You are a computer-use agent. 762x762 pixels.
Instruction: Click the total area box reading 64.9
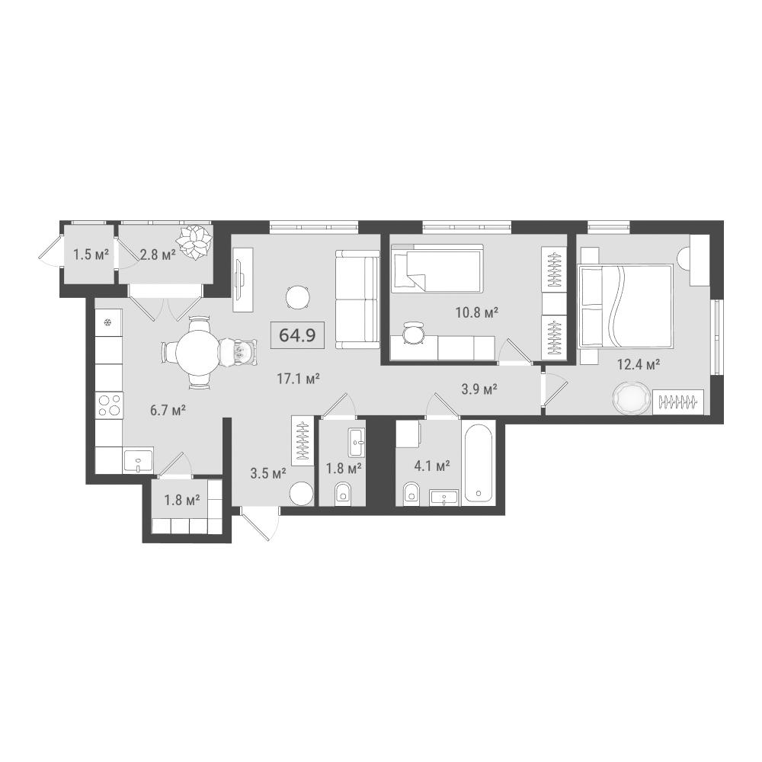coord(297,335)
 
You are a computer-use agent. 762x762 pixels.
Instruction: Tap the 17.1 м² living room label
coord(298,379)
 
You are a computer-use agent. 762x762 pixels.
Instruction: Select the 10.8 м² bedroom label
coord(477,312)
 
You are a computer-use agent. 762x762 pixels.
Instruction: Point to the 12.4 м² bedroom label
coord(638,364)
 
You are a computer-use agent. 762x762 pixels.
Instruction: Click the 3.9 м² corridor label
coord(479,389)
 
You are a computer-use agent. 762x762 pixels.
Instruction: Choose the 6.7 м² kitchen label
coord(168,411)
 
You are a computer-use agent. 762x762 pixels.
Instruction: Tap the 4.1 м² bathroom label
coord(431,466)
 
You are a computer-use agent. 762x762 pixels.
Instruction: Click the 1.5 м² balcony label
coord(91,255)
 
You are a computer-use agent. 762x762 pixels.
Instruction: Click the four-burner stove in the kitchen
coord(109,405)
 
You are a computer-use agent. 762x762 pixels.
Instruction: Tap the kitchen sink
coord(138,459)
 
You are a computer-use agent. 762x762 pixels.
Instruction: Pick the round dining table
coord(197,351)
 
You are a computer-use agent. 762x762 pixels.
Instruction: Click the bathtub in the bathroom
coord(479,463)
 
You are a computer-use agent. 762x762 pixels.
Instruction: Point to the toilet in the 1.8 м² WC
coord(343,494)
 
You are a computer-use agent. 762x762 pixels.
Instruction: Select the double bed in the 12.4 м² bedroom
coord(626,306)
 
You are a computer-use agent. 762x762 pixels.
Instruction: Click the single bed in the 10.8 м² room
coord(437,269)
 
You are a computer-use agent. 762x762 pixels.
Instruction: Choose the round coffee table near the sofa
coord(298,297)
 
